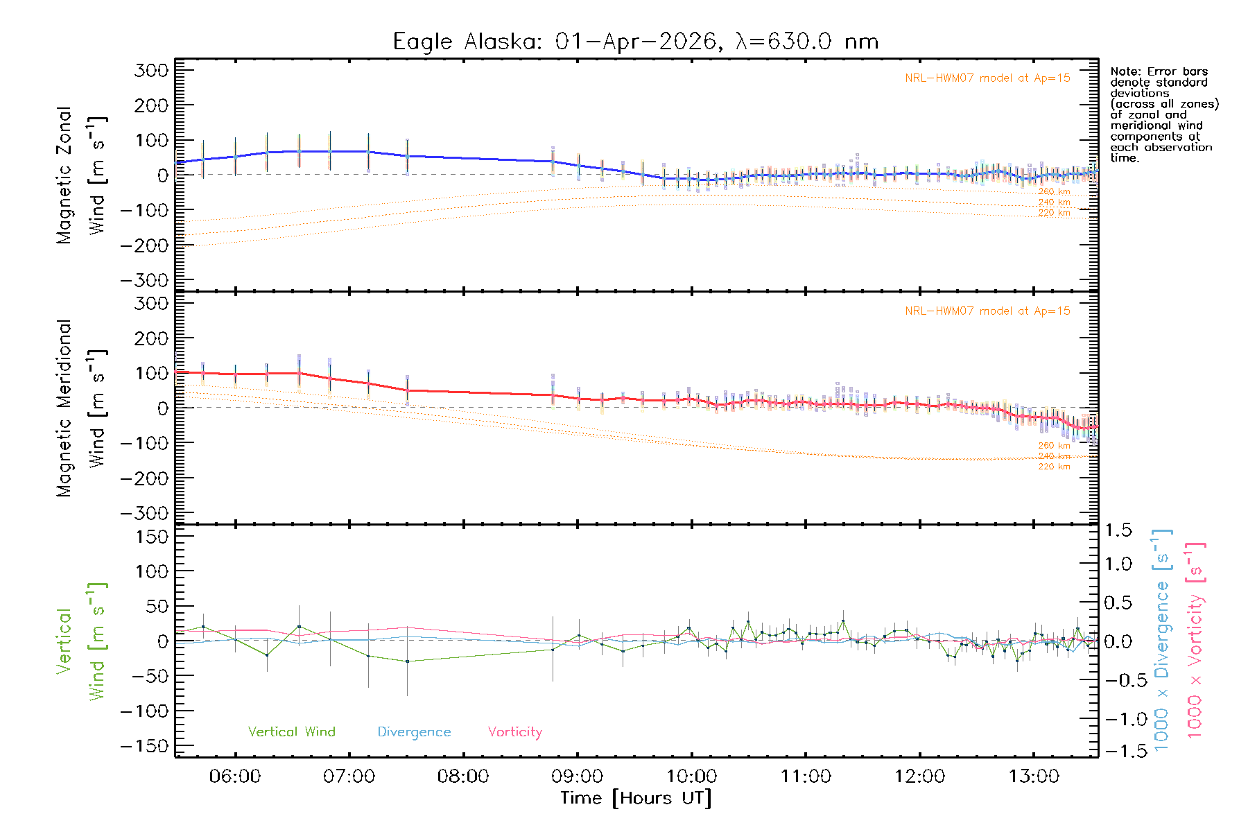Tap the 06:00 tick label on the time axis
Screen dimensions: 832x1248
click(x=235, y=776)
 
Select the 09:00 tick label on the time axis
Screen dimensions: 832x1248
click(x=578, y=776)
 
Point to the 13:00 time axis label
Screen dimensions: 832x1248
click(x=1034, y=776)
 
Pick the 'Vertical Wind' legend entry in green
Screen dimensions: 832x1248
click(x=291, y=731)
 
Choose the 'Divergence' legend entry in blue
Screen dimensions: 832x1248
click(x=414, y=731)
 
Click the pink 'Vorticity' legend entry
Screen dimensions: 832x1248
click(x=514, y=731)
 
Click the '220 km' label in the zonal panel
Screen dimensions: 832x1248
click(x=1054, y=213)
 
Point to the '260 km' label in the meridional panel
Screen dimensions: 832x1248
click(x=1054, y=445)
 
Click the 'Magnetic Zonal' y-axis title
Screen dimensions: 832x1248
click(x=64, y=175)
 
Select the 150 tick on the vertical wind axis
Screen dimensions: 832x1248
click(x=152, y=537)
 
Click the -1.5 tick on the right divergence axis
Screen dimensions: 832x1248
click(x=1118, y=751)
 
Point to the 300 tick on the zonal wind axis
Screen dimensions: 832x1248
click(x=152, y=70)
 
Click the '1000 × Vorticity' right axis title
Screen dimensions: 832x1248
click(x=1195, y=639)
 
